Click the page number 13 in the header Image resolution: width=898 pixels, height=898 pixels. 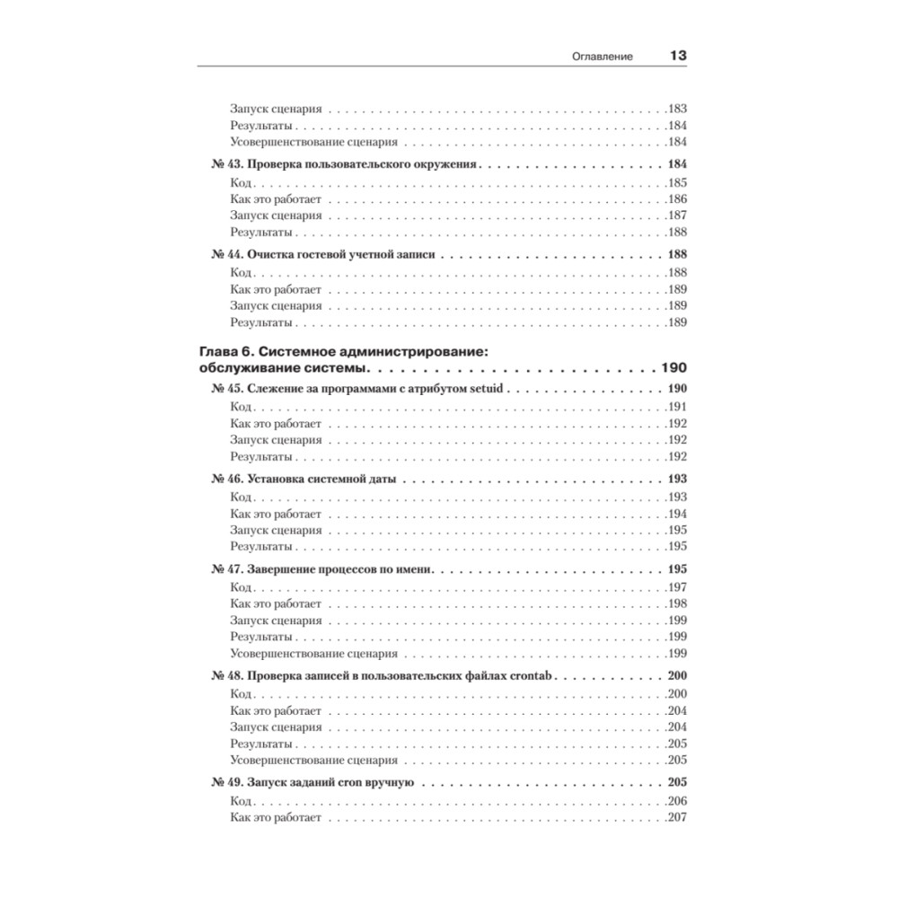[x=677, y=56]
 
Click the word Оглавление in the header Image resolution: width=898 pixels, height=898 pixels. [x=603, y=57]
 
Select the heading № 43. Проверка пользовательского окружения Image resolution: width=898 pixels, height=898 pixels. [x=346, y=165]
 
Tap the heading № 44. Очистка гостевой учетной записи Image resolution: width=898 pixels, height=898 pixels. [x=323, y=254]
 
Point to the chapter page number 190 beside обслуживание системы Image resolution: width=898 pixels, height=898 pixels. [x=673, y=369]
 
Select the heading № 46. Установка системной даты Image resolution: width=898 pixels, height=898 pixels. [x=303, y=480]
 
